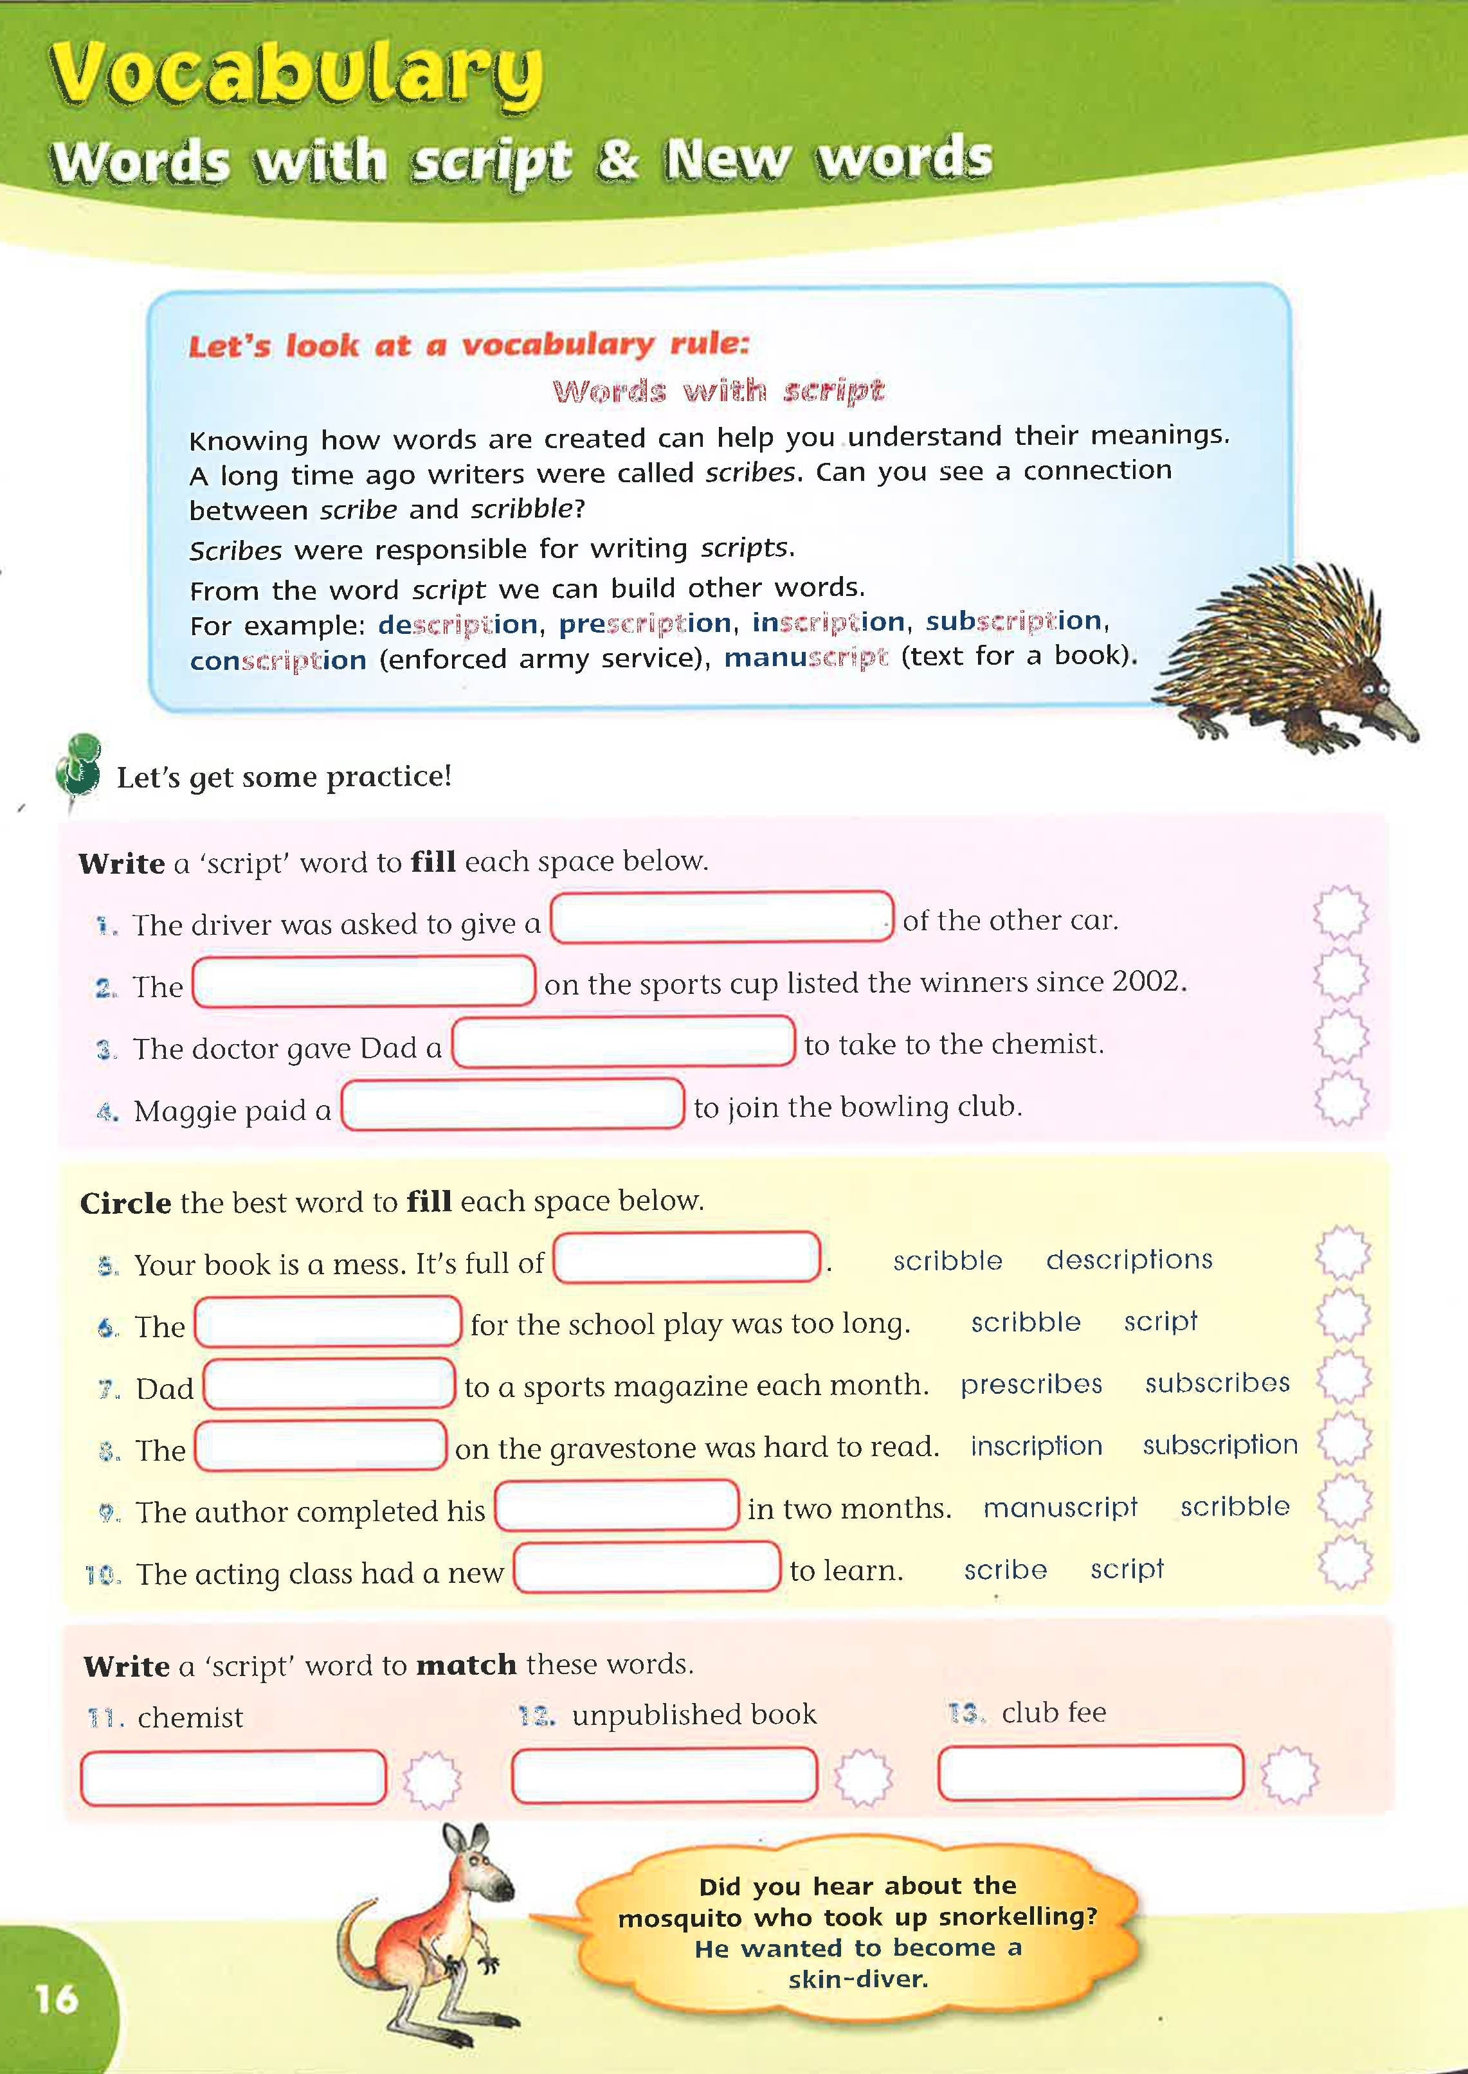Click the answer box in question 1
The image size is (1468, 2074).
(x=721, y=917)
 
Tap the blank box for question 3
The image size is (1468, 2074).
(x=623, y=1042)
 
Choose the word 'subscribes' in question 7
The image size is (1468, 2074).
(x=1217, y=1384)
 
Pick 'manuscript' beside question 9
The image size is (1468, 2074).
(x=1060, y=1508)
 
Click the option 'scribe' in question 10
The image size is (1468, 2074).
(x=1005, y=1570)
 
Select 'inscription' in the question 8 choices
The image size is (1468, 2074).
(x=1036, y=1446)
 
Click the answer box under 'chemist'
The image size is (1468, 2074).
(x=233, y=1777)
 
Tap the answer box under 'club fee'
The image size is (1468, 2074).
(x=1090, y=1772)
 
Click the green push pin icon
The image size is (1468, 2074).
(x=78, y=764)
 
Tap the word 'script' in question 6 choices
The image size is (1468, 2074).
(x=1160, y=1321)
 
